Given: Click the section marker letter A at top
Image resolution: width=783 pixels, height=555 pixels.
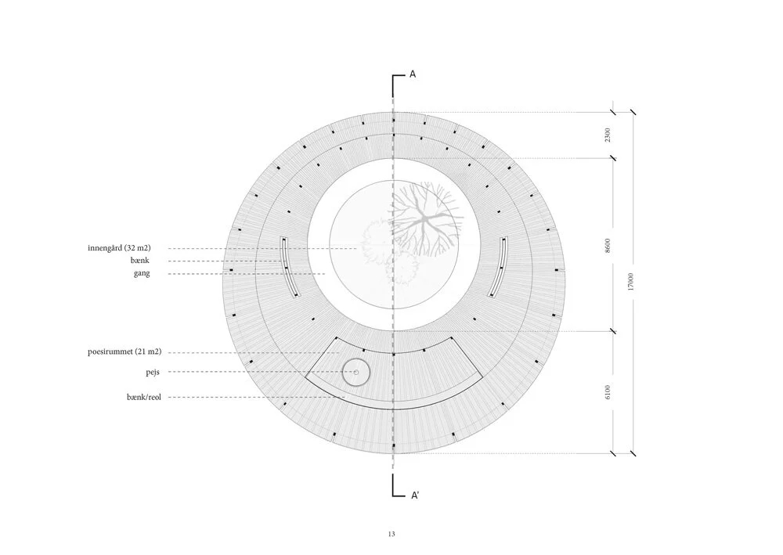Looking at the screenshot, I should [413, 74].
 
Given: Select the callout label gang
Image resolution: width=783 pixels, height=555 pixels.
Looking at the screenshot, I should [141, 273].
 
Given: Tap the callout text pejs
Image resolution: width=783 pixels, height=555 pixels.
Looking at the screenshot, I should [153, 372].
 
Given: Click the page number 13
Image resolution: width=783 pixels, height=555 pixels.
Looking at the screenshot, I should [391, 534].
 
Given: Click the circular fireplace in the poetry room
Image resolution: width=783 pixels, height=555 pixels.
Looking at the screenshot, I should [356, 373].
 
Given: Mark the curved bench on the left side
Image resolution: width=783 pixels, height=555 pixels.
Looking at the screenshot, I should [288, 266].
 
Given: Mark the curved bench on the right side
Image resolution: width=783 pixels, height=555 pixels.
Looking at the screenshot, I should [498, 266].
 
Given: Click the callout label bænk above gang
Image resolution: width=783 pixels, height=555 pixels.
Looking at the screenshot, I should [140, 261].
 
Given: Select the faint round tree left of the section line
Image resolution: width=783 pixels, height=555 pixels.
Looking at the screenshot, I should [374, 235].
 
